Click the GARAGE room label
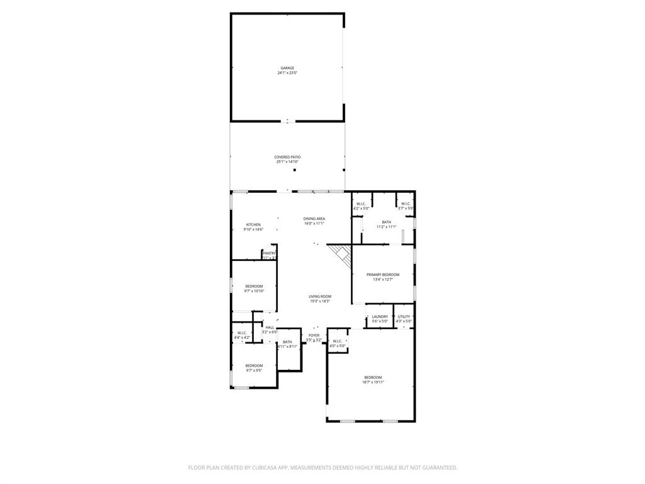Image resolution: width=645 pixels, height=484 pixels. pyautogui.click(x=287, y=68)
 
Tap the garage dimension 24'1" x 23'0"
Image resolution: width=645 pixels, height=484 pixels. pyautogui.click(x=287, y=73)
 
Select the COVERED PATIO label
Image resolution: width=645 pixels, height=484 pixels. pyautogui.click(x=287, y=157)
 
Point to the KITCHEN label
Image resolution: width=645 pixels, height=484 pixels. pyautogui.click(x=253, y=224)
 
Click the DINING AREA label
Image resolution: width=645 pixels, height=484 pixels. pyautogui.click(x=314, y=218)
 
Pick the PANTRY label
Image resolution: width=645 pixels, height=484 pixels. pyautogui.click(x=270, y=253)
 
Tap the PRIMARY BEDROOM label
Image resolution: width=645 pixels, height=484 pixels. pyautogui.click(x=383, y=275)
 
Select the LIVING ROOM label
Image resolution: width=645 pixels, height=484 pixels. pyautogui.click(x=320, y=296)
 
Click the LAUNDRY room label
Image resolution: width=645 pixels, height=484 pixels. pyautogui.click(x=380, y=316)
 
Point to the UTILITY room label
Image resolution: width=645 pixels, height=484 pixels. pyautogui.click(x=404, y=316)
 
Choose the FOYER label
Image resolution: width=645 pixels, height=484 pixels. pyautogui.click(x=314, y=335)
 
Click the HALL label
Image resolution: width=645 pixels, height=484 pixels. pyautogui.click(x=270, y=328)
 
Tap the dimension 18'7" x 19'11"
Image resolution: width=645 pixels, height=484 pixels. pyautogui.click(x=373, y=382)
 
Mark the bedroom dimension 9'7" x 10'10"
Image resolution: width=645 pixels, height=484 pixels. pyautogui.click(x=254, y=291)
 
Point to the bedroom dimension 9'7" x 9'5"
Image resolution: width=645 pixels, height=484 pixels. pyautogui.click(x=254, y=371)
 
